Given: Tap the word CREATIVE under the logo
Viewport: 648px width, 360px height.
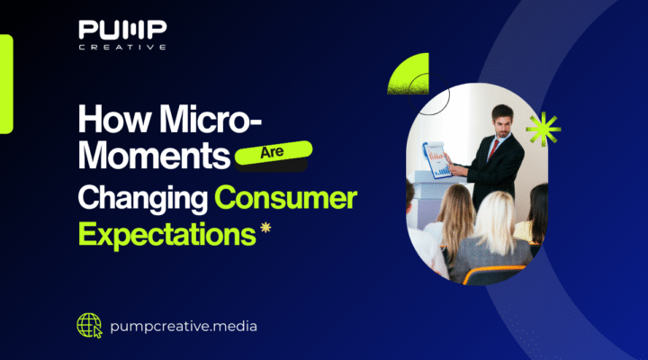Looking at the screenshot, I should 121,48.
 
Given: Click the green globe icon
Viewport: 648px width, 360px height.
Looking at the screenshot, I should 90,324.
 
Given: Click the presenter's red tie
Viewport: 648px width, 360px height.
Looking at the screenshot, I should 492,148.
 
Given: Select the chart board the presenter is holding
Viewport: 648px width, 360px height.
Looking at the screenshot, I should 438,159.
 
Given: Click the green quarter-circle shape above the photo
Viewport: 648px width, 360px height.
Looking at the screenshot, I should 409,75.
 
